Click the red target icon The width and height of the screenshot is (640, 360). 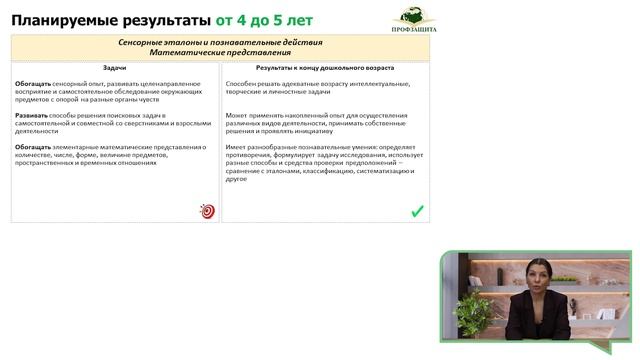pyautogui.click(x=207, y=211)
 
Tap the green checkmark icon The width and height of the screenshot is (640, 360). pyautogui.click(x=417, y=211)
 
